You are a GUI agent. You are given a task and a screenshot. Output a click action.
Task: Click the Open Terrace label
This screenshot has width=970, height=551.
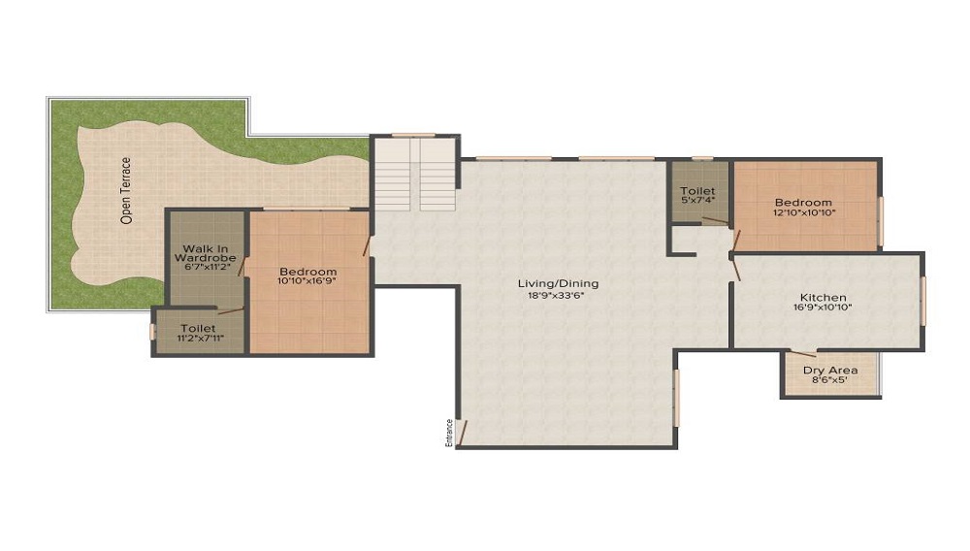[x=126, y=190]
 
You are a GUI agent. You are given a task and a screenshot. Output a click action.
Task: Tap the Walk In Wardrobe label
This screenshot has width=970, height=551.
[x=206, y=253]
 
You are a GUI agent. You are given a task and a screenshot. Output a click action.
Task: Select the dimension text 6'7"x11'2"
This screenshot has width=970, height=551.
[x=208, y=267]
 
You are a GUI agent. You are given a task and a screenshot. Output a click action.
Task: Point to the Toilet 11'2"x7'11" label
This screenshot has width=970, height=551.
[x=200, y=333]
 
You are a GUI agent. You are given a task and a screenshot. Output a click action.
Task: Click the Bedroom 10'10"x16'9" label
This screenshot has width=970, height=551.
[x=307, y=275]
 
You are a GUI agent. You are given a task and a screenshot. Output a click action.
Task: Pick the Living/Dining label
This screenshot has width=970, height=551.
[x=559, y=284]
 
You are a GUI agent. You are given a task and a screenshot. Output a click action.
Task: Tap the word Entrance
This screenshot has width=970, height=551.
[x=449, y=433]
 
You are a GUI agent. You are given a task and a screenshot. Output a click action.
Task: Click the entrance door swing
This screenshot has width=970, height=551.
[x=463, y=433]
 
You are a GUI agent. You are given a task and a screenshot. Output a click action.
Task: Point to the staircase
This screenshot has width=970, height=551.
[x=415, y=174]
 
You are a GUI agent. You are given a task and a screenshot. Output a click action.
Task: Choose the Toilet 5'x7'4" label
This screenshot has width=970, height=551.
[x=697, y=195]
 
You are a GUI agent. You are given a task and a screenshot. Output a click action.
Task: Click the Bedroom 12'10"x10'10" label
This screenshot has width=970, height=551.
[x=803, y=208]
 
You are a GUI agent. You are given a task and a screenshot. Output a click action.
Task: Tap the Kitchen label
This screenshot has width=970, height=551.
[x=824, y=298]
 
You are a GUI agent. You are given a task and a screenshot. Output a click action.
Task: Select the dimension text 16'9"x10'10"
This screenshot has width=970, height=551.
[x=824, y=308]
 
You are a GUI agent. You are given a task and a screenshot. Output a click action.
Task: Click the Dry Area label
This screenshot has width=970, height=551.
[x=830, y=371]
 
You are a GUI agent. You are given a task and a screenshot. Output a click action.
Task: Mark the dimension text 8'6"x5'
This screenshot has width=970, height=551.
[x=829, y=380]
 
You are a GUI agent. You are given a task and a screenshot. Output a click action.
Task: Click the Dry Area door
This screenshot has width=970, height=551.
[x=801, y=353]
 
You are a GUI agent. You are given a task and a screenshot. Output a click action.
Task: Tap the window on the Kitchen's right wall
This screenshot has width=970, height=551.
[x=922, y=301]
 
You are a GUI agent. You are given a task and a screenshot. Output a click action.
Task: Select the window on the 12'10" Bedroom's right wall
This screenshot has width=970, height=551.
[x=881, y=221]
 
